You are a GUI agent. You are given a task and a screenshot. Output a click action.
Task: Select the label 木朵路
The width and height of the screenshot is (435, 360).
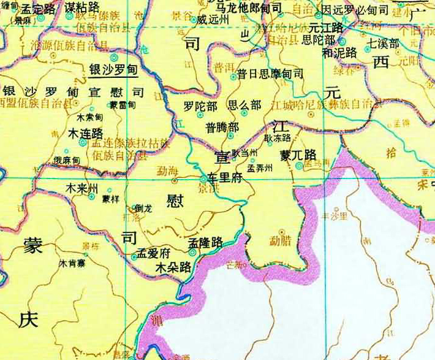[173, 268]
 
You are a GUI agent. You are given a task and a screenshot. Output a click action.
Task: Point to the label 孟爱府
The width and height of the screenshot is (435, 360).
[153, 253]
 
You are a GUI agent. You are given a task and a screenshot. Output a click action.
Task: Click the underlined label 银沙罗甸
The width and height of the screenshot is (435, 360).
[113, 71]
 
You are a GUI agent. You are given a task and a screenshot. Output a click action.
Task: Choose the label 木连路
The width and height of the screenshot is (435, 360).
[85, 133]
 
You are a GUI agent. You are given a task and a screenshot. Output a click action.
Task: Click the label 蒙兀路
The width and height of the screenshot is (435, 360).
[298, 155]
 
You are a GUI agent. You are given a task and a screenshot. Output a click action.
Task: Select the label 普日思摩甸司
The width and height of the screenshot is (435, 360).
[270, 74]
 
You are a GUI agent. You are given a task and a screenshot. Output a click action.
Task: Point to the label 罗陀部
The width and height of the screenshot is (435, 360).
[200, 106]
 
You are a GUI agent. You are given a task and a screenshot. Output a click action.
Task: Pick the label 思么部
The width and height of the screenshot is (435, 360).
[244, 105]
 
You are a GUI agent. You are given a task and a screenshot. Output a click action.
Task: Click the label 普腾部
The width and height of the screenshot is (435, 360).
[222, 128]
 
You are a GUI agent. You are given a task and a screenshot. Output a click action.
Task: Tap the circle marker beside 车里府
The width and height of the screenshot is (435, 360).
[204, 178]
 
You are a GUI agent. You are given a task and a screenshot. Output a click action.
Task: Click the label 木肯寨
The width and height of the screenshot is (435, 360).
[71, 264]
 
